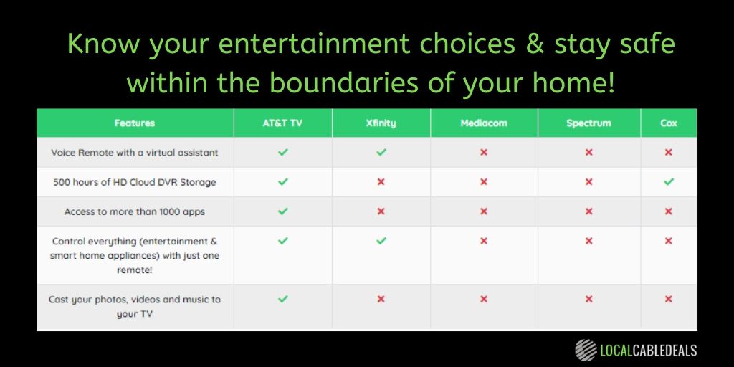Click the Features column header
click(135, 123)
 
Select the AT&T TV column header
click(282, 123)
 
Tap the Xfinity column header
click(381, 123)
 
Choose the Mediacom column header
click(484, 123)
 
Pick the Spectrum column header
click(588, 123)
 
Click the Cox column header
click(668, 123)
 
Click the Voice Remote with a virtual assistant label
click(135, 153)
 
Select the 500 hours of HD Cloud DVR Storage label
click(135, 182)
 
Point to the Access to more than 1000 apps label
click(135, 211)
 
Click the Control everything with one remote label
click(135, 256)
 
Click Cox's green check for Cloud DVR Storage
click(668, 182)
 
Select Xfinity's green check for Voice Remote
click(381, 153)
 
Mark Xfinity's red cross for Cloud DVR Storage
click(381, 182)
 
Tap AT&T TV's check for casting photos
click(282, 299)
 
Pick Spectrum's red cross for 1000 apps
click(588, 211)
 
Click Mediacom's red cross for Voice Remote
click(484, 153)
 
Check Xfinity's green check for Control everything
click(381, 241)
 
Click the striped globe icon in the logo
click(586, 349)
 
